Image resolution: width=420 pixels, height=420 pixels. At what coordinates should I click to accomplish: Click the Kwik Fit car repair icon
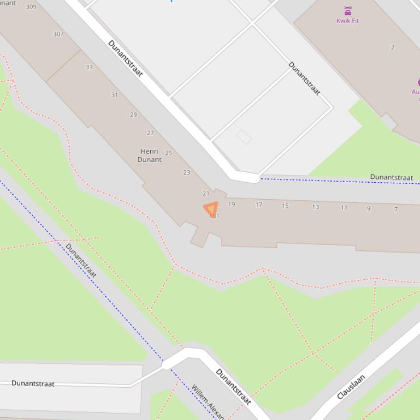[348, 11]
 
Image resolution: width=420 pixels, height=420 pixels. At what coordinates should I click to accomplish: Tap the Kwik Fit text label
[348, 21]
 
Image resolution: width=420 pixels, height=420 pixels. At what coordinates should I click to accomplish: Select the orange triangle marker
[211, 209]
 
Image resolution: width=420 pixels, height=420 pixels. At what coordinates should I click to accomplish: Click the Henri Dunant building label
[150, 155]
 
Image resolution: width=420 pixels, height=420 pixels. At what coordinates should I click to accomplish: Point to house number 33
[89, 67]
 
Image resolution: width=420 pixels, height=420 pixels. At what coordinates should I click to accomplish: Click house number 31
[115, 95]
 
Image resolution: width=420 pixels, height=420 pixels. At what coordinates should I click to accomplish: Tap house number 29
[133, 115]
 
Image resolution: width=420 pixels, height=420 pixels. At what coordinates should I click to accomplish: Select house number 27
[150, 133]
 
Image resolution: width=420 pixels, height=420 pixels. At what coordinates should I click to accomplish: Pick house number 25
[169, 153]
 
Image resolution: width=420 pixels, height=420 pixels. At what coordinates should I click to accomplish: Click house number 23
[187, 172]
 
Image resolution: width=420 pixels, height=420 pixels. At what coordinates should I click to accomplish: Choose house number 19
[232, 205]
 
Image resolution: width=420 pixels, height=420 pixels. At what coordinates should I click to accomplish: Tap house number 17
[259, 205]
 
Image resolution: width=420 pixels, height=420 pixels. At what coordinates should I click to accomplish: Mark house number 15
[285, 206]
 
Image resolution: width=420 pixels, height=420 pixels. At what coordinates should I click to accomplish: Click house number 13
[315, 207]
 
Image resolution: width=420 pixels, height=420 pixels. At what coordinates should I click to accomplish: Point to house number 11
[344, 207]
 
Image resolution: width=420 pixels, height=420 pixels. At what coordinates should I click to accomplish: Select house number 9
[369, 208]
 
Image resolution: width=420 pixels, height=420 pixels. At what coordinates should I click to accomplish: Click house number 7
[396, 209]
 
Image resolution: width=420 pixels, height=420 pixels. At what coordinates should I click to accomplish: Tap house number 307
[58, 34]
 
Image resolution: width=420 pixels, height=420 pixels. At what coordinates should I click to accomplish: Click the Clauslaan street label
[351, 387]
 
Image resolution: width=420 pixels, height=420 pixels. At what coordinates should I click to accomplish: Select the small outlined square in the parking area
[244, 137]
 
